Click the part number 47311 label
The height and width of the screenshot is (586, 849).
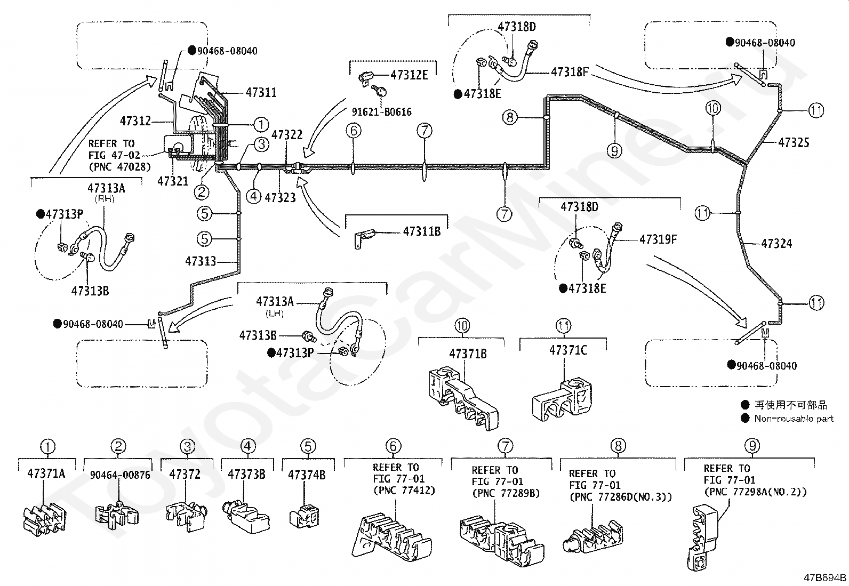coord(261,92)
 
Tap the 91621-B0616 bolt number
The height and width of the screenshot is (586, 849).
coord(382,112)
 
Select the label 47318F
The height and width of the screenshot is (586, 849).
coord(570,71)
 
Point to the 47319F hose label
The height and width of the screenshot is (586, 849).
coord(659,239)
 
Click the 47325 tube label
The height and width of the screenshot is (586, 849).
coord(794,142)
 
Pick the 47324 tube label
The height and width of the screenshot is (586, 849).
coord(776,243)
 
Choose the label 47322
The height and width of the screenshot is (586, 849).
coord(287,134)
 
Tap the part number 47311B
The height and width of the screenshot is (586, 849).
coord(422,231)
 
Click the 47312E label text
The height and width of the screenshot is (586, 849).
coord(410,75)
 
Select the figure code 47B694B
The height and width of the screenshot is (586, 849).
coord(825,577)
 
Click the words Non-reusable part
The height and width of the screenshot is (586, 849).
coord(794,419)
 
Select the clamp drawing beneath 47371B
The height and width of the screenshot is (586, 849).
coord(463,398)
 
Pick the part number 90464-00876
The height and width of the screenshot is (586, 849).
coord(120,475)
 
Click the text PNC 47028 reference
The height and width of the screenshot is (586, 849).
coord(120,167)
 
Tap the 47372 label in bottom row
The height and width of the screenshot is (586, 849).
coord(185,474)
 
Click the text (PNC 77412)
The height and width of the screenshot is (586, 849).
coord(404,491)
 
